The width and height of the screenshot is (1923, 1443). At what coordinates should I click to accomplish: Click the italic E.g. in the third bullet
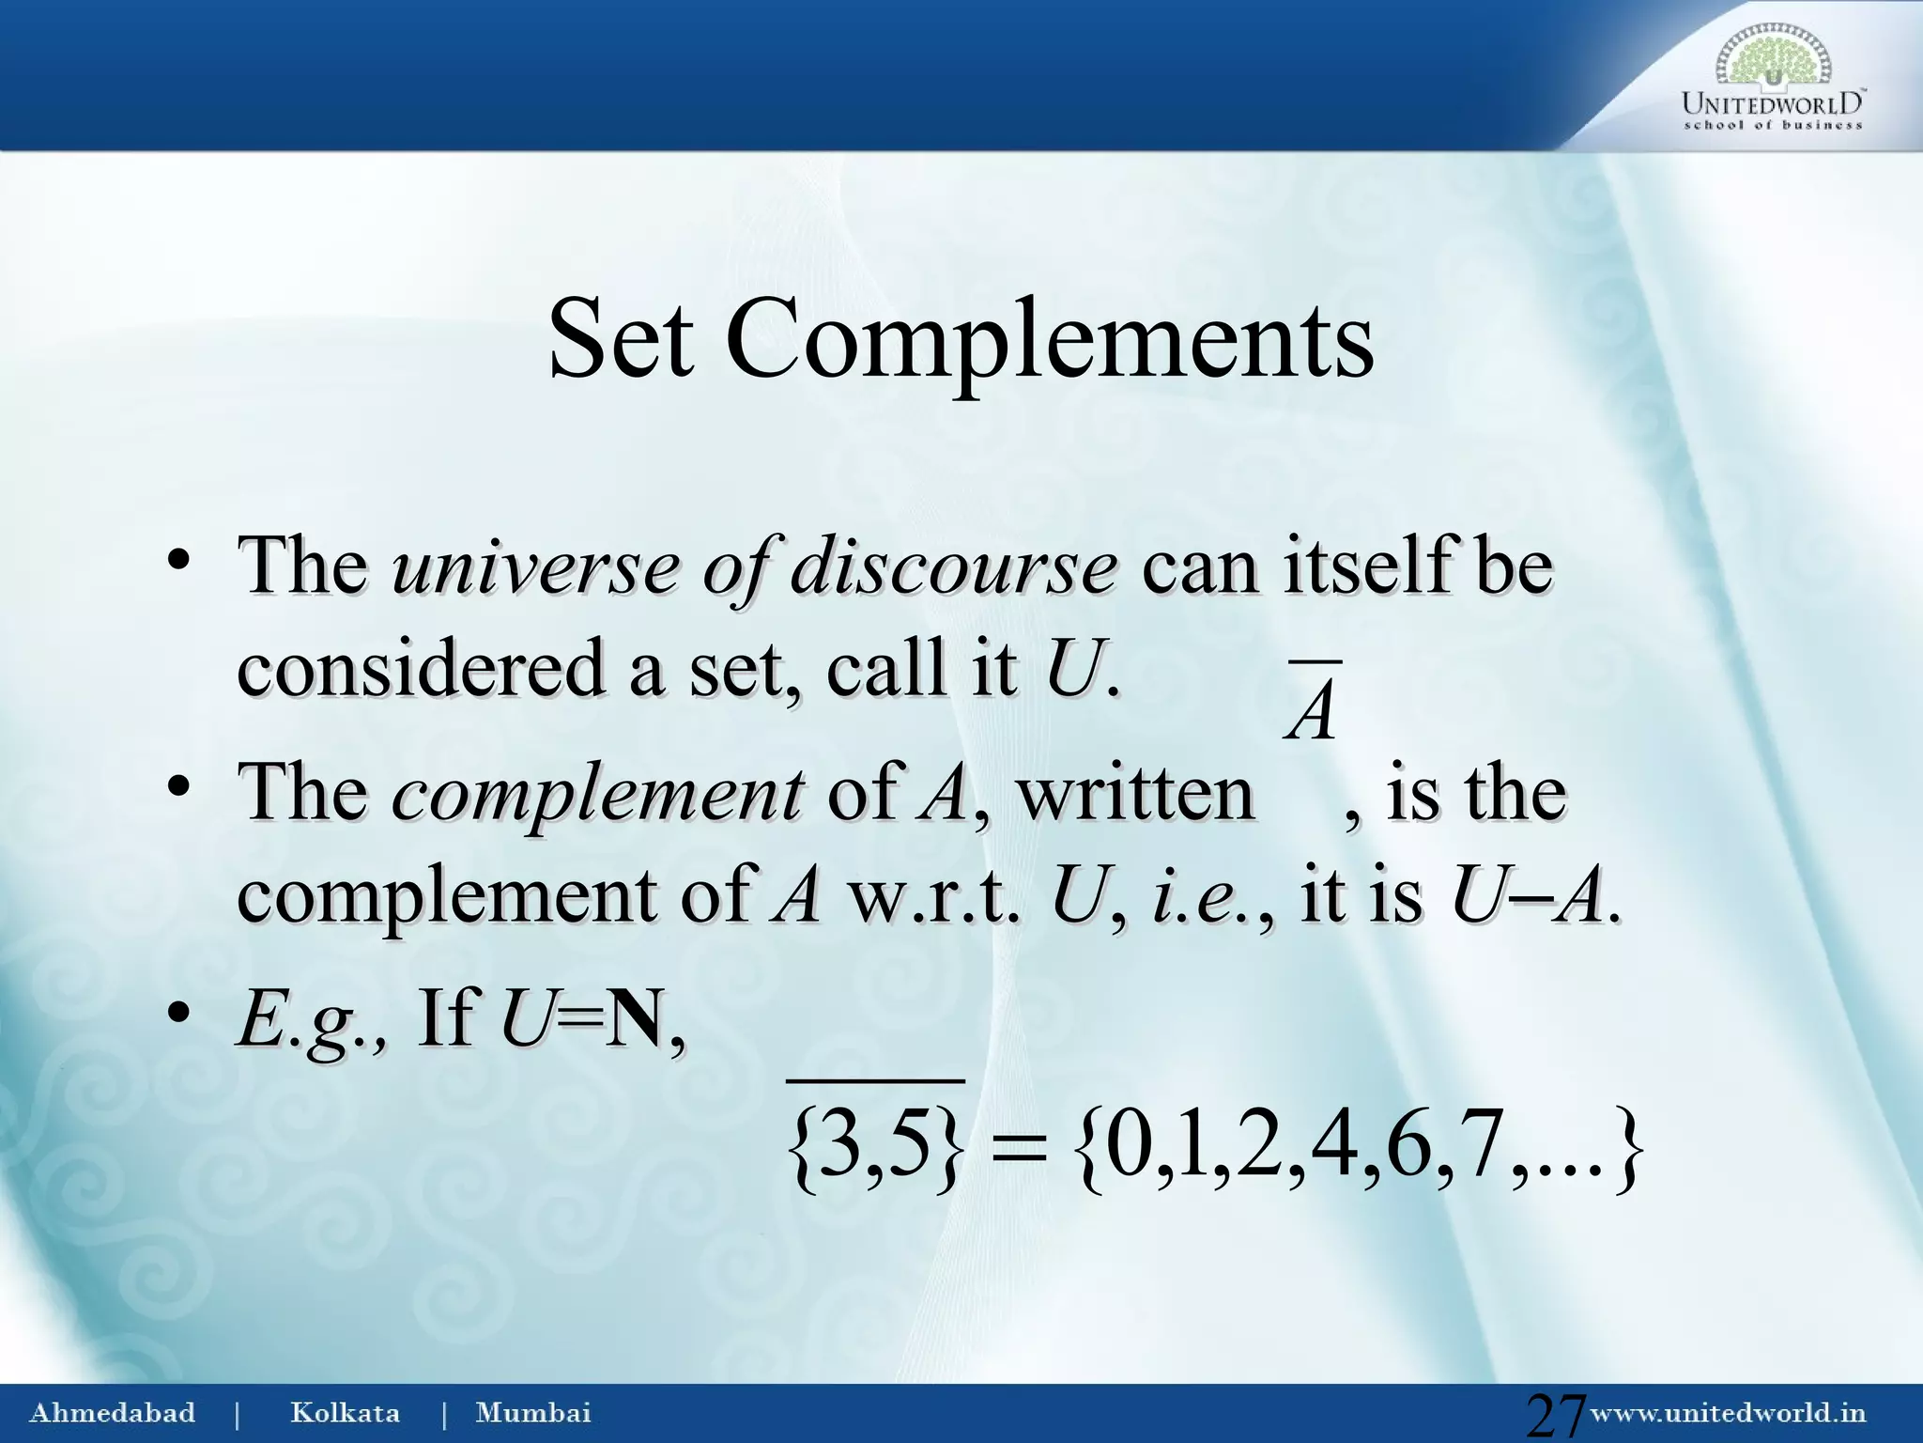310,1022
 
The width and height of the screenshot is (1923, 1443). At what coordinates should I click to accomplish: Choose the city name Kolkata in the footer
345,1413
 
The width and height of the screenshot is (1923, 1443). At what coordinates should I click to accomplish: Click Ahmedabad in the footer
113,1413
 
